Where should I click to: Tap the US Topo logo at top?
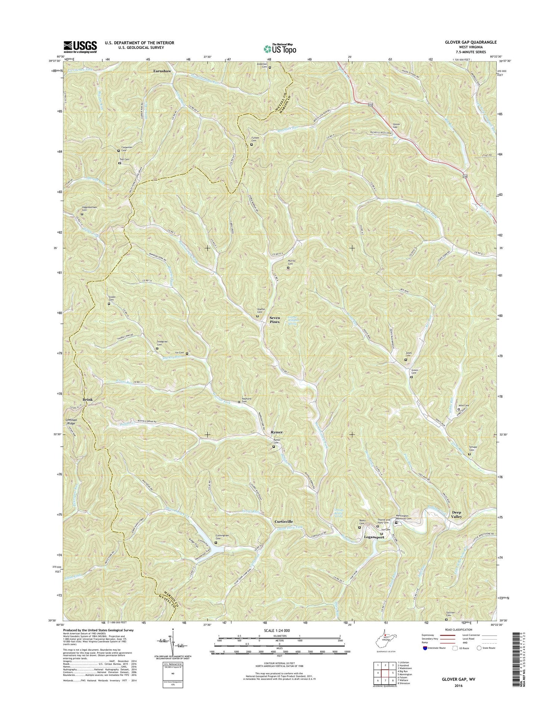click(x=280, y=48)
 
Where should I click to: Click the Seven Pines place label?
click(x=274, y=320)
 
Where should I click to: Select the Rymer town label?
click(x=277, y=432)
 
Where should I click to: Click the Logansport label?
click(x=374, y=537)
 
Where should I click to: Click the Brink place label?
click(x=87, y=399)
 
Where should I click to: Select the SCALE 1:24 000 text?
click(x=279, y=630)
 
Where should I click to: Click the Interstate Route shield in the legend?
click(x=425, y=648)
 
